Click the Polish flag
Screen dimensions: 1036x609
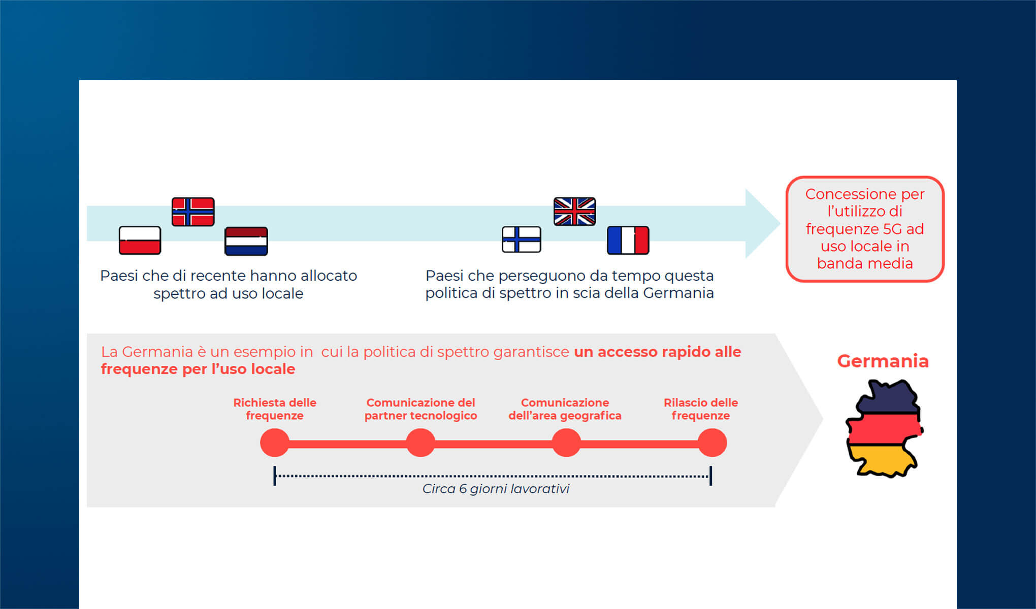point(140,240)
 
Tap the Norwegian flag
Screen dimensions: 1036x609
point(193,212)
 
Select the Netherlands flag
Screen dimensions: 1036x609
point(246,241)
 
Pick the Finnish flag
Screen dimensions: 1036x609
point(522,240)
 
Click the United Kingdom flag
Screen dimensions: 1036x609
point(574,211)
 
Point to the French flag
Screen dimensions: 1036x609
point(628,240)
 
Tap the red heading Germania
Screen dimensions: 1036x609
point(883,361)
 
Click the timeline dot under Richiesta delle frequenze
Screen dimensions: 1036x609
point(275,443)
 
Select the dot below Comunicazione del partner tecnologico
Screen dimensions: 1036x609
point(420,443)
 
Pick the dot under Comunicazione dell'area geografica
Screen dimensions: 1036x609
point(566,443)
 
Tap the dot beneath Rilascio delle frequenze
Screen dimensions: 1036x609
point(712,443)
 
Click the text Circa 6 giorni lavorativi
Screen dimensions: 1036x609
point(496,489)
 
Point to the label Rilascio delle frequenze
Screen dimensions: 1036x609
point(701,409)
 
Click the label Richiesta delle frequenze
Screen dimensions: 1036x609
point(275,409)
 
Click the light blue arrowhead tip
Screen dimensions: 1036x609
point(780,223)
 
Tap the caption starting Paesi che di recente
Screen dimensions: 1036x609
point(229,284)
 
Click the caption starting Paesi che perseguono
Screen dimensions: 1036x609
point(569,284)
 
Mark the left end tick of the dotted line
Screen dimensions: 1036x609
point(275,476)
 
